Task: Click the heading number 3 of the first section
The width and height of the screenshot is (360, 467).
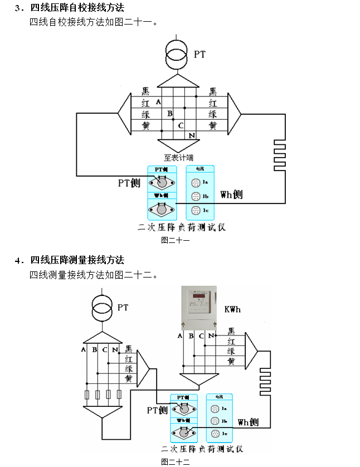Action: point(18,8)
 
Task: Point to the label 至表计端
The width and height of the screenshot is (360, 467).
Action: point(178,157)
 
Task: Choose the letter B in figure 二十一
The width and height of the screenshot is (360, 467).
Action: point(170,114)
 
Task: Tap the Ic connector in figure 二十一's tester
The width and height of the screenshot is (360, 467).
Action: point(196,210)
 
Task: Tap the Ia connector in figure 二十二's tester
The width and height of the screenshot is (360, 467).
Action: point(215,408)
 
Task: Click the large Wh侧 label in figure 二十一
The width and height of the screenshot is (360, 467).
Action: point(231,195)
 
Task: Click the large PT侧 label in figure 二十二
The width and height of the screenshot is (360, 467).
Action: point(157,410)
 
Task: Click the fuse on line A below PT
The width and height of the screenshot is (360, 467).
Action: point(86,396)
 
